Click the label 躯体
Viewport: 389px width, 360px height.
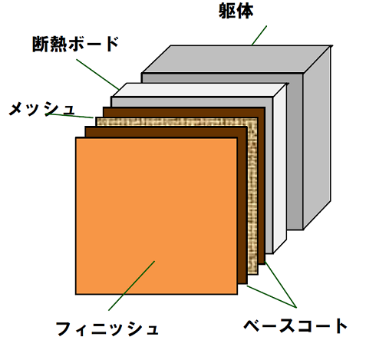(236, 12)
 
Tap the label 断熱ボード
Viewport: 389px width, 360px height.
(76, 44)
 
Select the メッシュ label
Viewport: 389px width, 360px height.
(42, 108)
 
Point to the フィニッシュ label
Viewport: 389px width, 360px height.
(107, 329)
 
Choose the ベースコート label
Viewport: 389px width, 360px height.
(295, 325)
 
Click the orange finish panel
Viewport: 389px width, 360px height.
(157, 216)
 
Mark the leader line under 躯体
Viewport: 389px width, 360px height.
(259, 35)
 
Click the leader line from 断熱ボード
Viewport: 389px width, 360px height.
(97, 74)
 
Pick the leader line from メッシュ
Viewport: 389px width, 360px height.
(69, 116)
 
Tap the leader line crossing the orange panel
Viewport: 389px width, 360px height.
(132, 286)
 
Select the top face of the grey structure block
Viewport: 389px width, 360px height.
(236, 59)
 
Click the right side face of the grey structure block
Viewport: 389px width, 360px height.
(317, 137)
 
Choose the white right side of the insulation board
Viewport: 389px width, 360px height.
(280, 168)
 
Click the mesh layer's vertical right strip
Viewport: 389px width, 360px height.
(252, 198)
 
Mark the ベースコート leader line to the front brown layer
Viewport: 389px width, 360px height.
(272, 296)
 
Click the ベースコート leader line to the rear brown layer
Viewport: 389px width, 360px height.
(281, 284)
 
